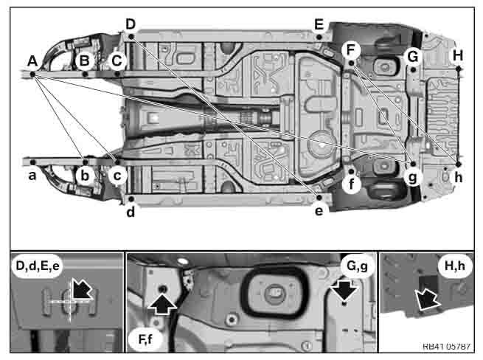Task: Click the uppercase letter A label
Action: pyautogui.click(x=32, y=60)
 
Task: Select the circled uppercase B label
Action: pyautogui.click(x=84, y=60)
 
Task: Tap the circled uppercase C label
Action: pyautogui.click(x=117, y=60)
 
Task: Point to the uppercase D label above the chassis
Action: pyautogui.click(x=131, y=24)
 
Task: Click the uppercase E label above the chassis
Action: pyautogui.click(x=319, y=24)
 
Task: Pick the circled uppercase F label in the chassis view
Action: pyautogui.click(x=351, y=50)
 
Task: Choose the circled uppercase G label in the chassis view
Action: pyautogui.click(x=413, y=57)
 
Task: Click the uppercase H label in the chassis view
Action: pyautogui.click(x=458, y=56)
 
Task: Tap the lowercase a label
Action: pyautogui.click(x=32, y=176)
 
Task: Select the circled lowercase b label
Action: pyautogui.click(x=85, y=176)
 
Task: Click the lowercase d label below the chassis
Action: pyautogui.click(x=131, y=212)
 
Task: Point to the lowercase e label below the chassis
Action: pyautogui.click(x=319, y=211)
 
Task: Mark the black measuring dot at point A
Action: pyautogui.click(x=32, y=74)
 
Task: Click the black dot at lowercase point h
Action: pyautogui.click(x=459, y=165)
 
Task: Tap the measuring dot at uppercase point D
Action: pyautogui.click(x=131, y=37)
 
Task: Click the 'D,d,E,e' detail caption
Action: pyautogui.click(x=38, y=266)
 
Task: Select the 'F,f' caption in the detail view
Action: pyautogui.click(x=145, y=339)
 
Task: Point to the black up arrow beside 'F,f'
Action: pyautogui.click(x=162, y=303)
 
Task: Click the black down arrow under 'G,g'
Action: pyautogui.click(x=344, y=291)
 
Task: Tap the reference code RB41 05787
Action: pyautogui.click(x=446, y=347)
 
